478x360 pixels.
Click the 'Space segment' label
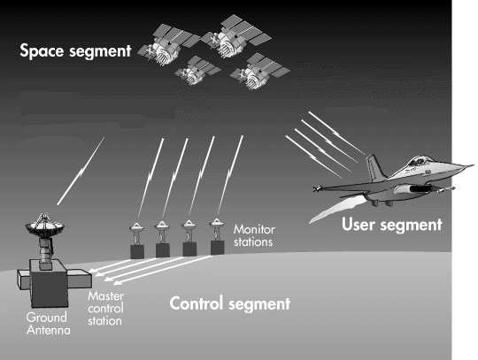[x=75, y=51]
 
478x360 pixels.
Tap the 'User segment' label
[x=391, y=225]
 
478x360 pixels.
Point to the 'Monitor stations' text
[x=254, y=234]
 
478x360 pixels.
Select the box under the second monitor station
[x=163, y=250]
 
